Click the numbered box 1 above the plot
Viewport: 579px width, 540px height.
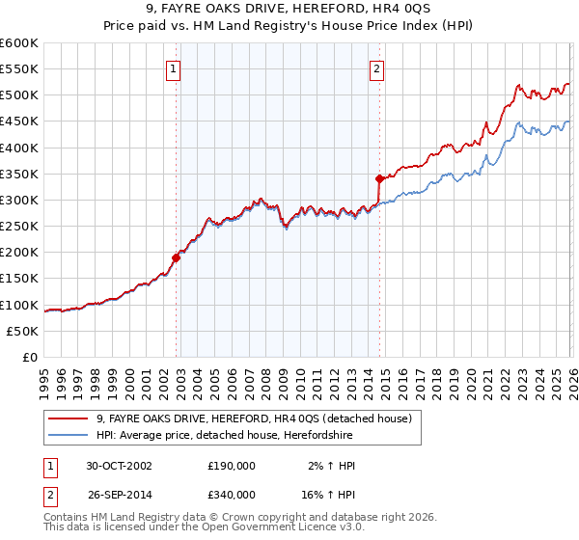172,68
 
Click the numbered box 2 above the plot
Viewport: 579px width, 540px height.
375,68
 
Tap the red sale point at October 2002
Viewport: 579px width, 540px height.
177,257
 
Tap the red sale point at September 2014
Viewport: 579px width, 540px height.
379,178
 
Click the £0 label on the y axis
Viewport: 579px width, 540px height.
31,357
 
